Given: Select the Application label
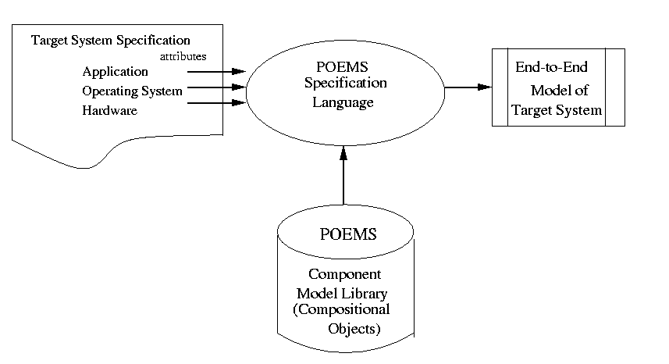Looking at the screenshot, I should [x=115, y=72].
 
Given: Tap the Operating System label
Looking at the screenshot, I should [x=132, y=91].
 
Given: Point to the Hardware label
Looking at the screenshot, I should [x=109, y=111].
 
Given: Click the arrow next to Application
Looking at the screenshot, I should [x=217, y=72].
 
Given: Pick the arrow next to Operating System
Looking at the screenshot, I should [x=217, y=88].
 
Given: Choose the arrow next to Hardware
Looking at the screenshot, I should [x=217, y=103].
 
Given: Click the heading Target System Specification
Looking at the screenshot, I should [x=110, y=39].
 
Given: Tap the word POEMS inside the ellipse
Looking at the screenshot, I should [x=343, y=66].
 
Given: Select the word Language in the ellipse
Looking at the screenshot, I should [x=344, y=102].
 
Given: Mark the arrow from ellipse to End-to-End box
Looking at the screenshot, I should [x=468, y=87].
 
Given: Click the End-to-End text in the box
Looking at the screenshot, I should [x=550, y=68].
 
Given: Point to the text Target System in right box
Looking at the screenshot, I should [x=557, y=110].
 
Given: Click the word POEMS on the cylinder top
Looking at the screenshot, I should [x=348, y=234].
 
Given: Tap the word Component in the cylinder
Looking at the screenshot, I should [x=344, y=274].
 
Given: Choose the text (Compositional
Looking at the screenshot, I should [x=341, y=310].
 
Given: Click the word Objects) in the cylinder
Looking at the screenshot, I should [x=354, y=329].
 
